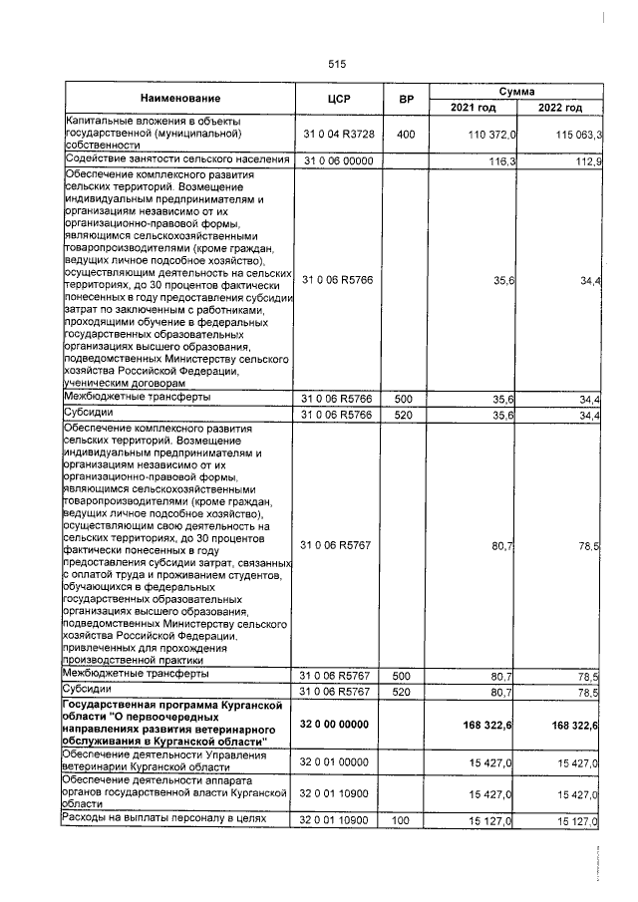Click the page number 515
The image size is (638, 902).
tap(336, 63)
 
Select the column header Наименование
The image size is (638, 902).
tap(180, 99)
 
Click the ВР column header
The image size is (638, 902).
tap(406, 99)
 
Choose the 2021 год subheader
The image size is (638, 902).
tap(474, 108)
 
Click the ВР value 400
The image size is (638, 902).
tap(405, 134)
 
